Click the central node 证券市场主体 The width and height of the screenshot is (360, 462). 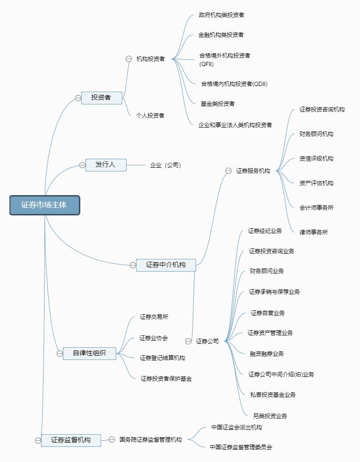point(44,205)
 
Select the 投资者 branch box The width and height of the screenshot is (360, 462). point(101,98)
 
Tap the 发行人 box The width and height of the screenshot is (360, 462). point(105,165)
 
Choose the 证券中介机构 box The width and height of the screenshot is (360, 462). point(165,265)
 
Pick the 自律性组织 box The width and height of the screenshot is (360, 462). point(89,353)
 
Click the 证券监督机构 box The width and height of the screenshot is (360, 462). point(70,440)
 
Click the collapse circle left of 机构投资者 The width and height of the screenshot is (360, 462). point(129,59)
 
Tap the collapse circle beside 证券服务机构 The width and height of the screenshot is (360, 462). point(229,171)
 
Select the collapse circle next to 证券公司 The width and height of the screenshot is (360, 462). point(189,341)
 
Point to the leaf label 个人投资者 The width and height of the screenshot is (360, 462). point(150,116)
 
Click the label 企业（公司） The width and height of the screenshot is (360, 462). point(166,165)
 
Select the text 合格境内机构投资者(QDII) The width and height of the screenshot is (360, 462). point(234,84)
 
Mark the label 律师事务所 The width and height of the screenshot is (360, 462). point(314,232)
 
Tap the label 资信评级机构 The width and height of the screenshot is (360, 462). point(317,159)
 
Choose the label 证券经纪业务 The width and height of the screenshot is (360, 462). point(265,231)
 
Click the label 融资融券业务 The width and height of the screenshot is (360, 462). point(267,354)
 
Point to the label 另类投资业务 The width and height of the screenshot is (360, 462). point(270,416)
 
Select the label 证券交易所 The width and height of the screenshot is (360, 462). point(154,317)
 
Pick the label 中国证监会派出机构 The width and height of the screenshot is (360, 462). point(237,428)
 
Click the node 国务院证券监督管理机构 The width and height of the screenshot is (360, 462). point(150,440)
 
